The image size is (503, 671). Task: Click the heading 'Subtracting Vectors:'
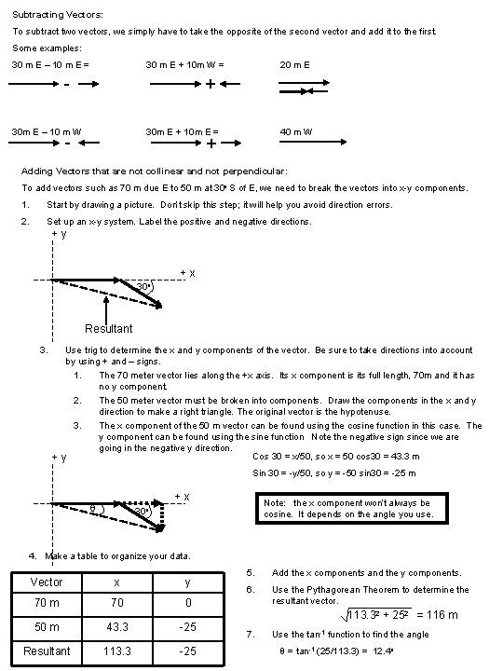pos(58,15)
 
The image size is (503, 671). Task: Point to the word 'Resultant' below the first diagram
pos(108,328)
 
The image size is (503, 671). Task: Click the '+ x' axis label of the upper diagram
pos(186,273)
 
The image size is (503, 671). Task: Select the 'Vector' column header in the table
pos(47,582)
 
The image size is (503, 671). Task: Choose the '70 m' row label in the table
pos(47,604)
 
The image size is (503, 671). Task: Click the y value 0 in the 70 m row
pos(187,604)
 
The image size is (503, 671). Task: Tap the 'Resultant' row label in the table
pos(47,650)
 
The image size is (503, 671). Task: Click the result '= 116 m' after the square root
pos(436,615)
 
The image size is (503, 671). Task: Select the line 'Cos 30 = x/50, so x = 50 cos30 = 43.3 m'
pos(336,457)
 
